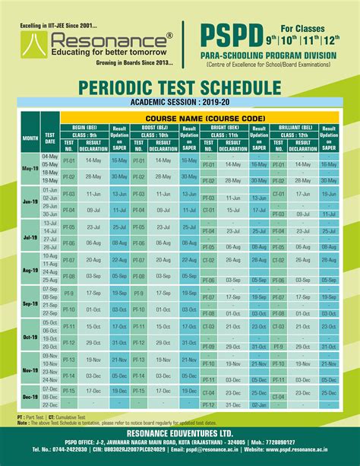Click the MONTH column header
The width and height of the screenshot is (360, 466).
coord(30,139)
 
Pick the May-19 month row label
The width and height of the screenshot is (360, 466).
coord(30,168)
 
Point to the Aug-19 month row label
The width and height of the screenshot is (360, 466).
coord(30,269)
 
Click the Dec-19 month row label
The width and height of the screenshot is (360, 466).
coord(30,397)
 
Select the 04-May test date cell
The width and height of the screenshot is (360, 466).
coord(50,156)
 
